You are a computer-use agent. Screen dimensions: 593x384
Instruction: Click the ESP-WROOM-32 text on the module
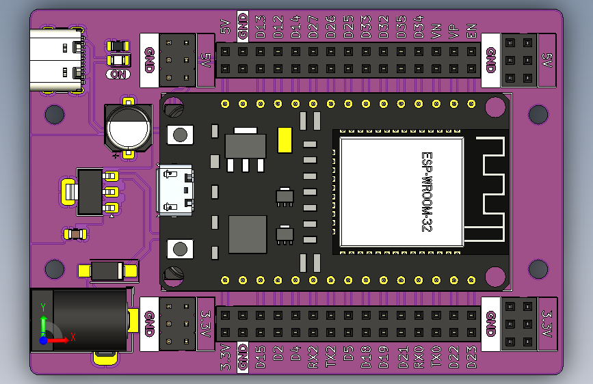click(x=427, y=191)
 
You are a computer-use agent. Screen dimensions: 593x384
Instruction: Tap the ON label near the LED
click(x=118, y=74)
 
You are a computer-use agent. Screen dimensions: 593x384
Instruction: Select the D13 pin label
click(x=260, y=27)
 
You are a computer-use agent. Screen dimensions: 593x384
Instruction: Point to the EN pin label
click(x=471, y=31)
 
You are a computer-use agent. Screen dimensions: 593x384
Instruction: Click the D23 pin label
click(x=471, y=357)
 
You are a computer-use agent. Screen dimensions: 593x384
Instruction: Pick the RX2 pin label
click(x=313, y=357)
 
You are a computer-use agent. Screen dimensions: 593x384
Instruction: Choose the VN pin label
click(x=436, y=31)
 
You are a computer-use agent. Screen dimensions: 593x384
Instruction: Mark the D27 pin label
click(x=313, y=27)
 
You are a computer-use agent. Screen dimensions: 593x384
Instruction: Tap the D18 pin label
click(x=366, y=357)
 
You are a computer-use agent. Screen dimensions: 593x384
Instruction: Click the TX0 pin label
click(x=436, y=357)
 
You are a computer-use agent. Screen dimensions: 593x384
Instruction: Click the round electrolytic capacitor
click(x=128, y=127)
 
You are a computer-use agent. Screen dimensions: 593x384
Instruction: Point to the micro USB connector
click(x=176, y=190)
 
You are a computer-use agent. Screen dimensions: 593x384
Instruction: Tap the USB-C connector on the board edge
click(x=57, y=60)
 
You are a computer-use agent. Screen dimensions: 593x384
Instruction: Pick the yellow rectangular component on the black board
click(x=285, y=140)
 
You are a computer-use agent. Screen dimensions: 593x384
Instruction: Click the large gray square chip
click(x=248, y=234)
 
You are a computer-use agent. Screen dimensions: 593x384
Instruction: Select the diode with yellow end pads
click(x=108, y=271)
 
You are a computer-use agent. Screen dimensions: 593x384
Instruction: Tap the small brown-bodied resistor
click(x=75, y=234)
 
